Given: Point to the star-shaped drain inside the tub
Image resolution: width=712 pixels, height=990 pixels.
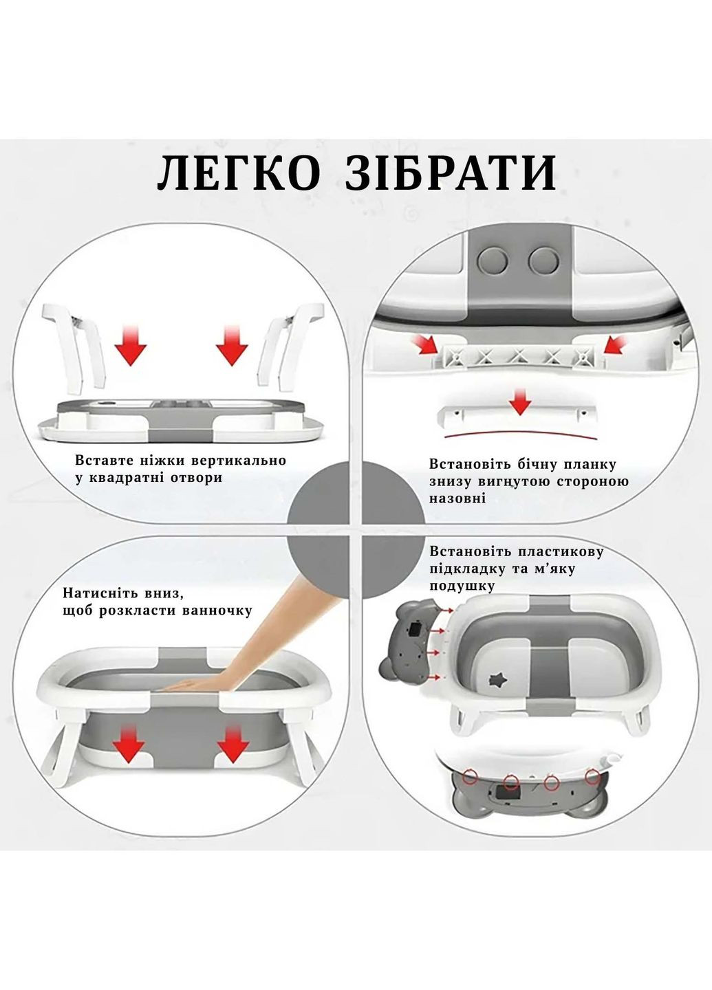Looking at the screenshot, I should click(494, 681).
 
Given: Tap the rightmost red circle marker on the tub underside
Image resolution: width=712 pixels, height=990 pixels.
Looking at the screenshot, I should click(592, 777).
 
